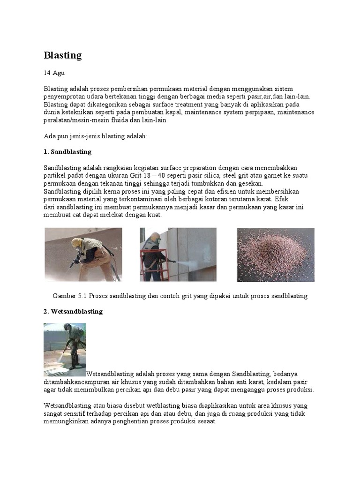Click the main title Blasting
(62, 55)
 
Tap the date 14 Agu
(54, 73)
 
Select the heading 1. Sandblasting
(67, 152)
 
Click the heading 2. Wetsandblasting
(73, 311)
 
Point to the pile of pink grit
(275, 255)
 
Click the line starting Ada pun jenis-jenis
(96, 136)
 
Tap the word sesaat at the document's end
(206, 421)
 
